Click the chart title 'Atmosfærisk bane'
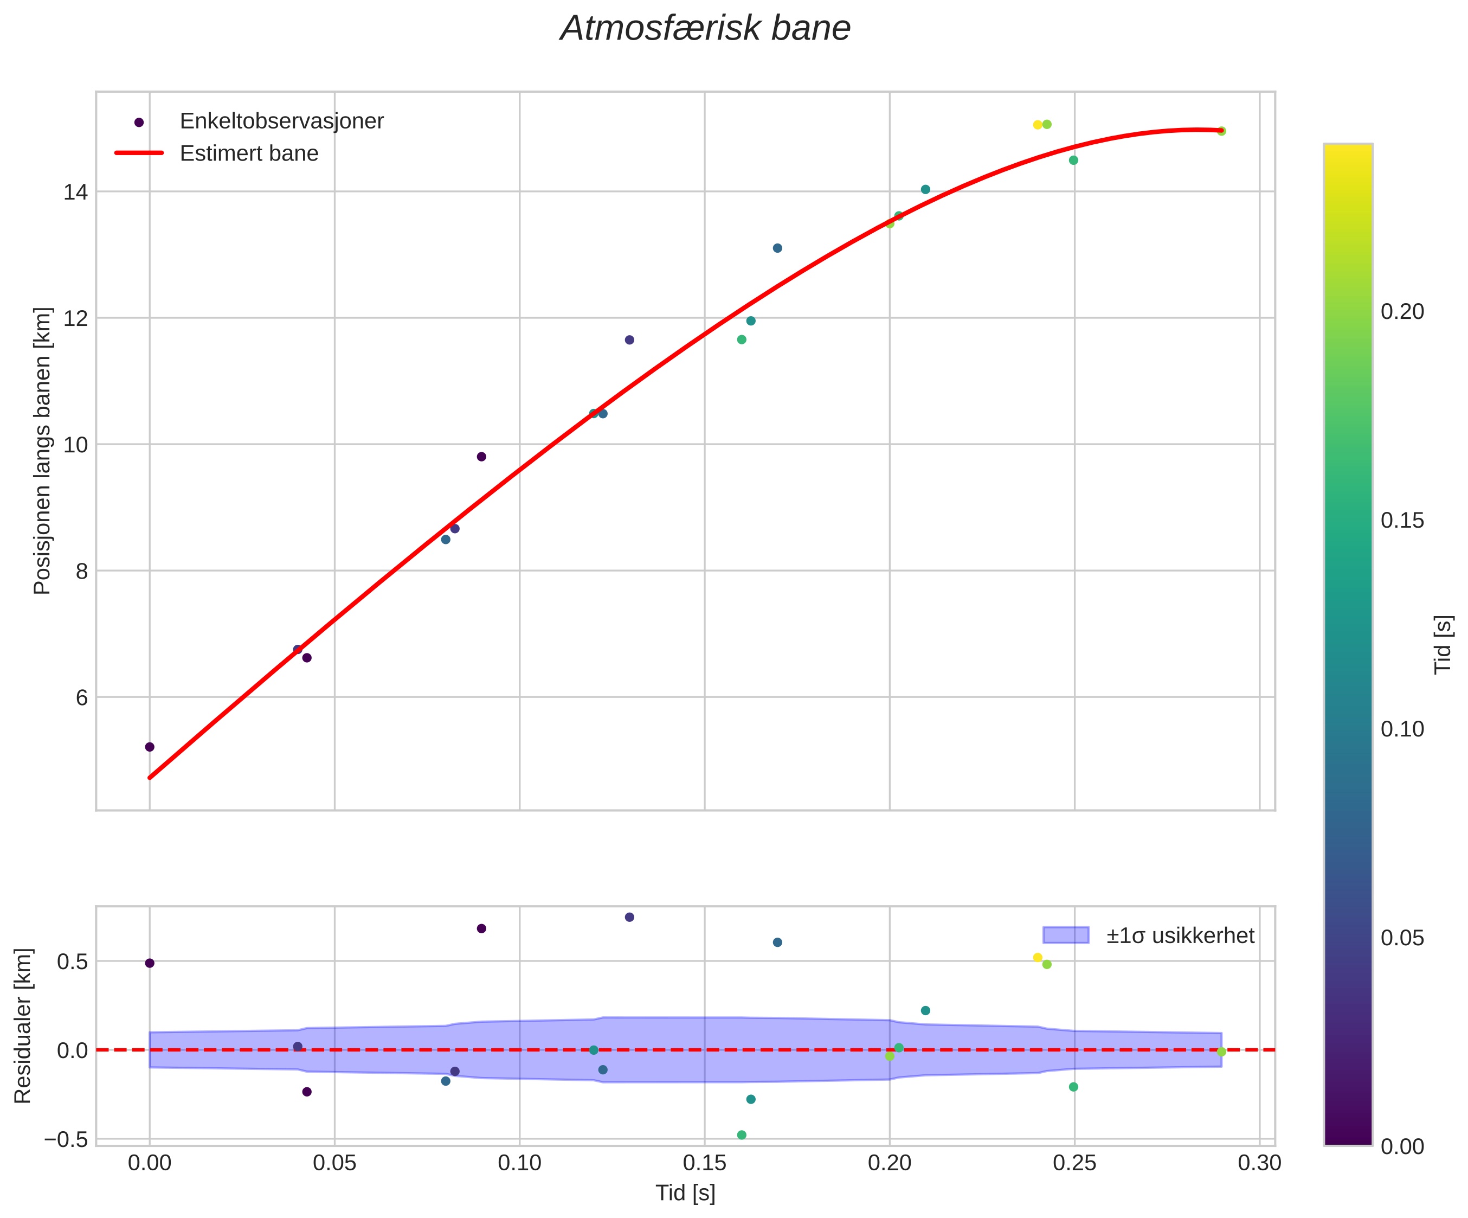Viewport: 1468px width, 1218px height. (705, 29)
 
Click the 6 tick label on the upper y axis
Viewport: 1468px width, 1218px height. (81, 698)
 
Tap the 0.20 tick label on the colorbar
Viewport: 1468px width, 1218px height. (1402, 312)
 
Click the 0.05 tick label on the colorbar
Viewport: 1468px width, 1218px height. (1402, 938)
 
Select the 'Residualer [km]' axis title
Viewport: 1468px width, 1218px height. (23, 1025)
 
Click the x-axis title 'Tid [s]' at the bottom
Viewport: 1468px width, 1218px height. (685, 1194)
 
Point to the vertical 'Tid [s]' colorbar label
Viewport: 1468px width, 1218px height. (1443, 644)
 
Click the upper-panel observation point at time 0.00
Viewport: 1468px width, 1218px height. (150, 747)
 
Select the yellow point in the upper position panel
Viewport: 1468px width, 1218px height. (1038, 125)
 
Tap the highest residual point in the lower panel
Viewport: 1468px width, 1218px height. (629, 918)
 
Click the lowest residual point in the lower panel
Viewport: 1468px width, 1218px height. (742, 1135)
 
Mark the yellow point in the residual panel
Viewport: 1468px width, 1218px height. (1038, 958)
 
